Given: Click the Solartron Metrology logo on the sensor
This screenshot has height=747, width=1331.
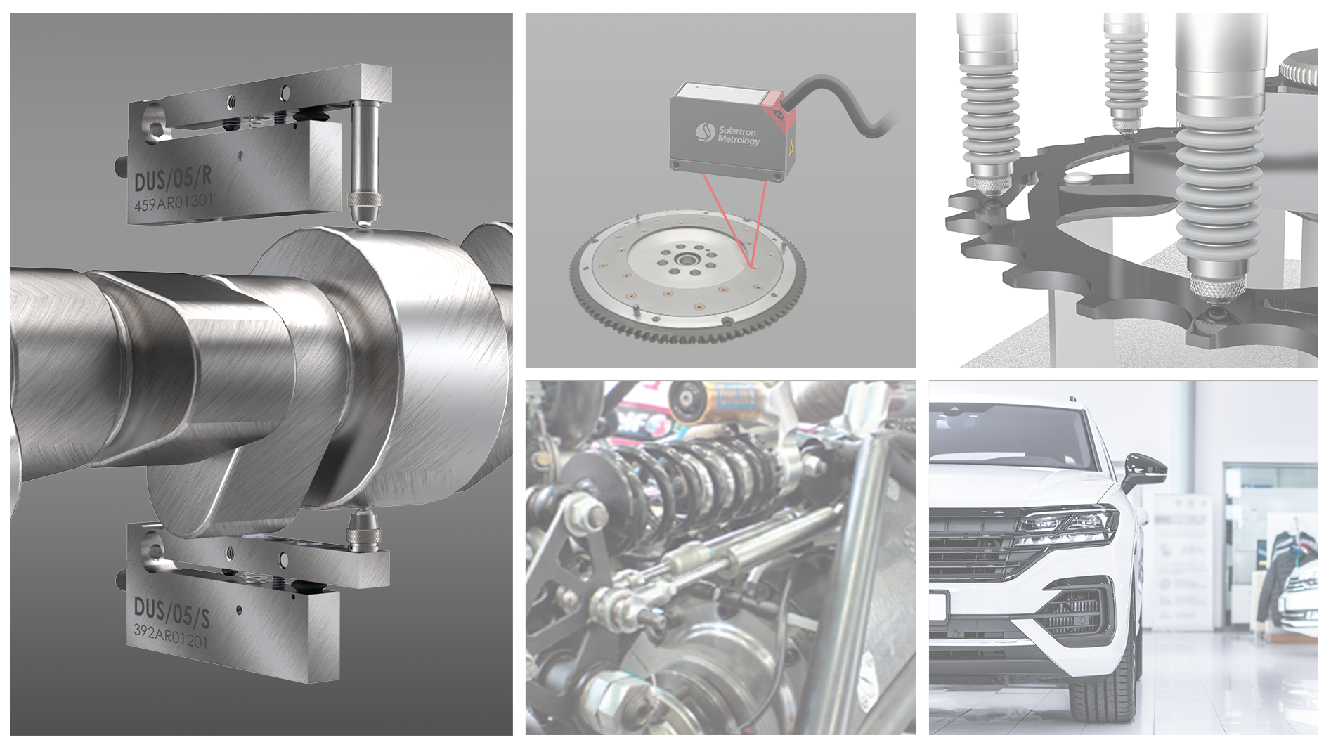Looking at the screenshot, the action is [x=728, y=134].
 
